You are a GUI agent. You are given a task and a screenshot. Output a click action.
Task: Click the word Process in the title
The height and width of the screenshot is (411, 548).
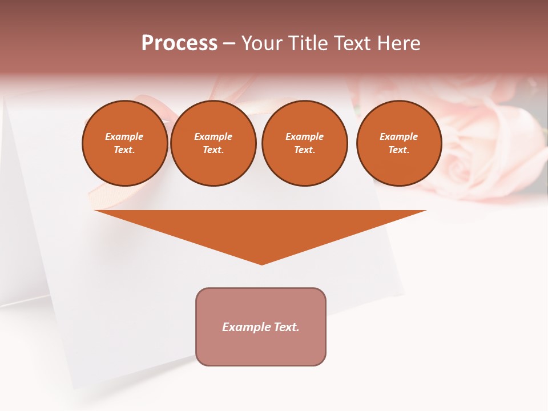point(179,43)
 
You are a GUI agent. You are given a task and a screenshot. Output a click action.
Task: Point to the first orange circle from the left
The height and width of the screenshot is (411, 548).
point(125,143)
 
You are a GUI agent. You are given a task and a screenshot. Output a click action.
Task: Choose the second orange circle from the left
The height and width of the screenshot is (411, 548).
point(213,143)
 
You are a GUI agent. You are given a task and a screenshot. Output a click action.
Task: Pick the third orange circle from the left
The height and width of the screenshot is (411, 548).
point(304,143)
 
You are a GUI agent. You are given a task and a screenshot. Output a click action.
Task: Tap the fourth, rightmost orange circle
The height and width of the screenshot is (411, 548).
point(399,143)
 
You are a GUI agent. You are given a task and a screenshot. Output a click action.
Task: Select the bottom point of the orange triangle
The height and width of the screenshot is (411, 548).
point(261,264)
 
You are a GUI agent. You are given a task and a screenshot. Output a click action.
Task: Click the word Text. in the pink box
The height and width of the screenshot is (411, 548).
point(285,327)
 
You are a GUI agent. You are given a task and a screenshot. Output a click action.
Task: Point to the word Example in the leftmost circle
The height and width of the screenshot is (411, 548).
point(124,136)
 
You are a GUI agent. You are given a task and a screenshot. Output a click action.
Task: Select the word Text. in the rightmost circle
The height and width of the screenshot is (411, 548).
point(398,150)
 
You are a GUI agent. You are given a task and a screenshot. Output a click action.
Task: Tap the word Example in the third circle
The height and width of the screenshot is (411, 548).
point(304,136)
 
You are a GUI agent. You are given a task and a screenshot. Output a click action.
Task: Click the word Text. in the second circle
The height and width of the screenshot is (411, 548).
point(213,150)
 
